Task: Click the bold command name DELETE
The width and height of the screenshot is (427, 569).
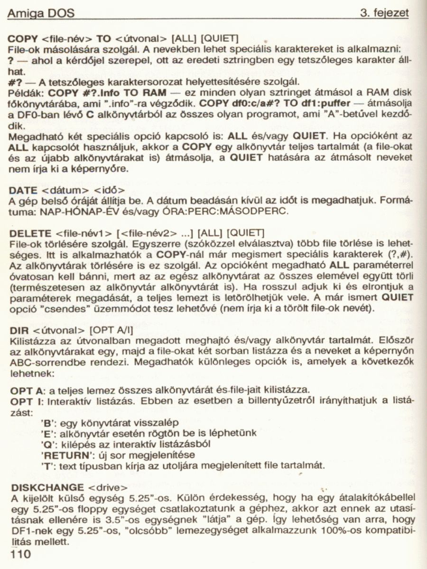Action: pyautogui.click(x=30, y=233)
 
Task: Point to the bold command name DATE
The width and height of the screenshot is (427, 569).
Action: pyautogui.click(x=23, y=190)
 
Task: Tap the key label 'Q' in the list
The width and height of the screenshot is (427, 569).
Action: pyautogui.click(x=47, y=445)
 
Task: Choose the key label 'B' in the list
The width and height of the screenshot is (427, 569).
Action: pyautogui.click(x=47, y=423)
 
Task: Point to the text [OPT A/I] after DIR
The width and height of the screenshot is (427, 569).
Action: pyautogui.click(x=110, y=329)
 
